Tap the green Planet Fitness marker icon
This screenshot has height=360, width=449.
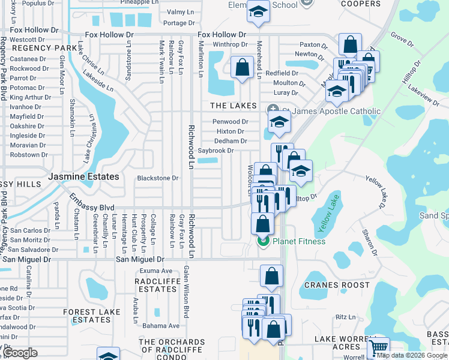click(263, 241)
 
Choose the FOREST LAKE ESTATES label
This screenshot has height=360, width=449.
click(91, 316)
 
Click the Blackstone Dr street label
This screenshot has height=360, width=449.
click(158, 178)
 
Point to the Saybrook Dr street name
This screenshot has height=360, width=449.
click(215, 151)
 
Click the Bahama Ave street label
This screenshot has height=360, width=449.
click(161, 326)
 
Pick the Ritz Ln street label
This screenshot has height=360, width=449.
click(346, 317)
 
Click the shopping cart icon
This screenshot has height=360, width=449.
click(378, 346)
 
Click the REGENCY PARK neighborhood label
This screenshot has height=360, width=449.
click(37, 47)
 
